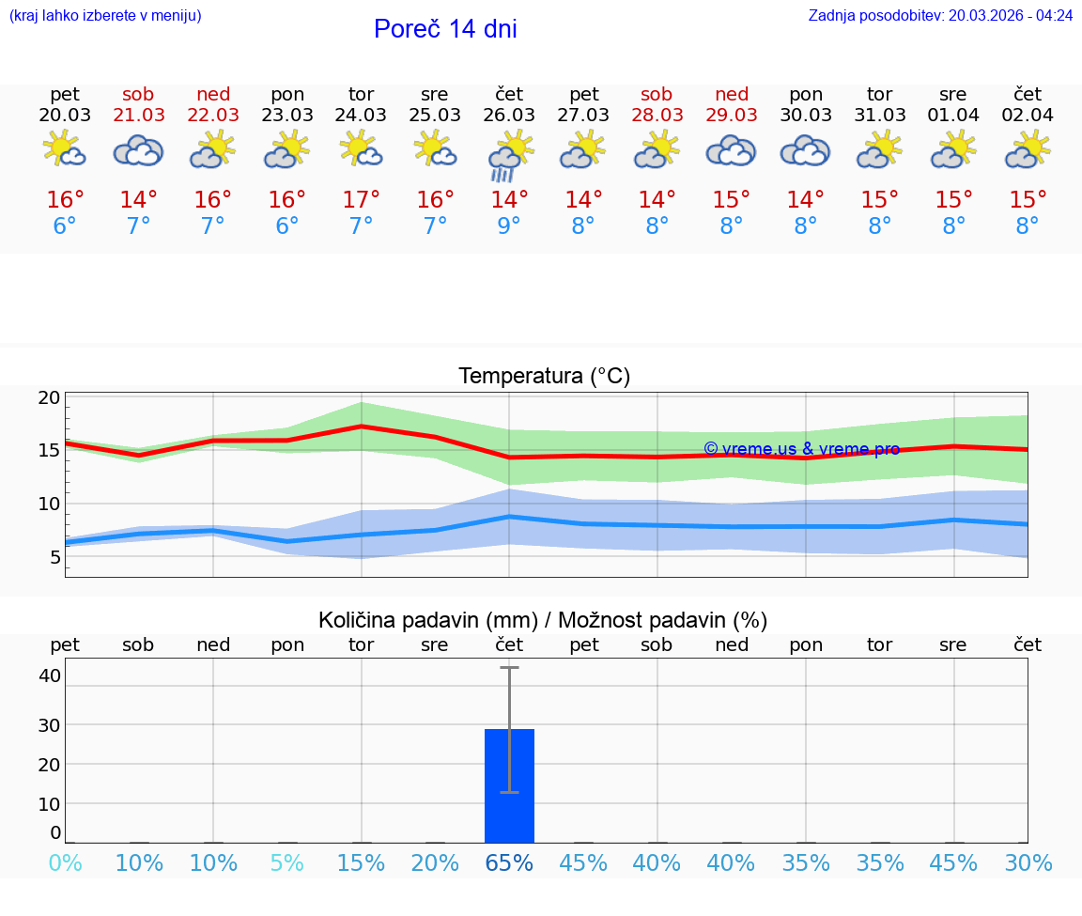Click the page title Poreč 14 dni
(x=445, y=29)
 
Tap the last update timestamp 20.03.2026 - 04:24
(x=1011, y=15)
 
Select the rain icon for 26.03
(x=509, y=155)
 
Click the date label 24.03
(x=361, y=115)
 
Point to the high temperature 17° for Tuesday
(x=361, y=200)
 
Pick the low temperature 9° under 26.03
(x=509, y=226)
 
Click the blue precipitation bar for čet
(x=509, y=785)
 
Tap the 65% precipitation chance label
(x=509, y=862)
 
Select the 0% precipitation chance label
(x=65, y=862)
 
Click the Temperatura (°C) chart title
(x=544, y=376)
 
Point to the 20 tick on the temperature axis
(x=49, y=396)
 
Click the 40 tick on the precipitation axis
(x=49, y=675)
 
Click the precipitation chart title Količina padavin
(x=542, y=619)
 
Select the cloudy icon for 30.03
(x=805, y=150)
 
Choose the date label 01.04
(x=953, y=115)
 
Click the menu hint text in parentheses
(x=105, y=15)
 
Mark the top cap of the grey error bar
(x=509, y=667)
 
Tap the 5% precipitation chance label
(x=287, y=862)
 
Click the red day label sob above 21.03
(x=138, y=94)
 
